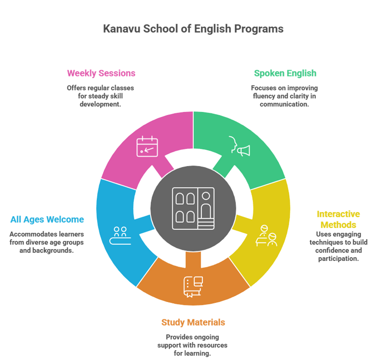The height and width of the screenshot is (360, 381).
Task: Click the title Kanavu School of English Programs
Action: pos(193,29)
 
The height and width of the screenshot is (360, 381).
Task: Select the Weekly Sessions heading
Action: pos(101,73)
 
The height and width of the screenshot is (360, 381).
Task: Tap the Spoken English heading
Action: pos(285,73)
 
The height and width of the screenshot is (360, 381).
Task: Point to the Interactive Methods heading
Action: pos(338,220)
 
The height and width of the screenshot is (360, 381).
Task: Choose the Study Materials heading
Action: pos(193,322)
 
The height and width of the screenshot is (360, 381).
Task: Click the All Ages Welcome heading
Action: pos(47,219)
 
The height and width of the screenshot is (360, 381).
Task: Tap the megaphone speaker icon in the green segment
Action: pos(240,147)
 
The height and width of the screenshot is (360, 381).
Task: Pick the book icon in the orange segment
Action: pos(193,287)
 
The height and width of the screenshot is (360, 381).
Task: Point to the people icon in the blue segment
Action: pos(120,235)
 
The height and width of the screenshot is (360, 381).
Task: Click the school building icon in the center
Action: pos(193,208)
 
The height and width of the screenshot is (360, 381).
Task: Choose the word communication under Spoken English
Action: pos(285,104)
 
